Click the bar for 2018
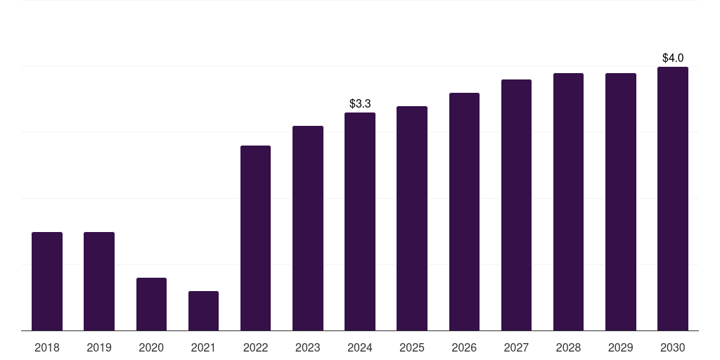(47, 281)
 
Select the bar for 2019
(99, 281)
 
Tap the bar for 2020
(151, 304)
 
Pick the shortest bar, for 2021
(203, 311)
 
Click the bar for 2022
(255, 238)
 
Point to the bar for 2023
(308, 228)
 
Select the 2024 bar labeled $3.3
(360, 221)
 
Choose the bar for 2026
(464, 212)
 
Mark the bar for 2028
(568, 202)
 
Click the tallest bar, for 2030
(673, 198)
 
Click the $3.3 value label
(360, 103)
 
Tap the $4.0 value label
(673, 58)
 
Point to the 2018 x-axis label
(47, 347)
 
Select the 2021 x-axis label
(203, 347)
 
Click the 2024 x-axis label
(360, 347)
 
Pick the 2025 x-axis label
(412, 347)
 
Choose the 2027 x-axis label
(516, 347)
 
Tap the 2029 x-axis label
(620, 347)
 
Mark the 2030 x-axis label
(673, 347)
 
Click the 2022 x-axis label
(255, 347)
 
